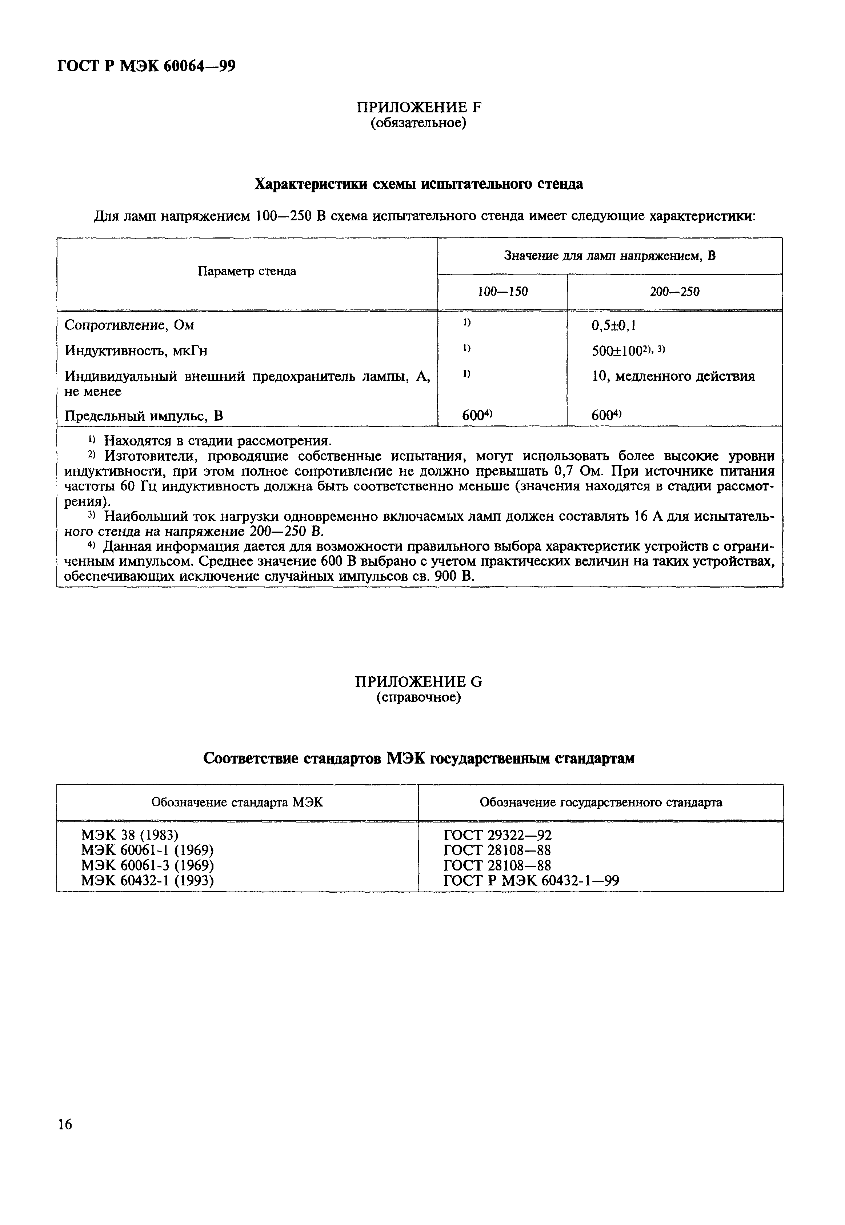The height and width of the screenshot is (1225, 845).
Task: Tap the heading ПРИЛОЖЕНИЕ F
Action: click(419, 108)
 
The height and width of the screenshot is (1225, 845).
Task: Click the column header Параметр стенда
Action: click(247, 272)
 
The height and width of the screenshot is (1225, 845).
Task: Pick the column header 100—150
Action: click(502, 292)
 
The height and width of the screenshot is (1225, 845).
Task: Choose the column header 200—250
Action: click(674, 292)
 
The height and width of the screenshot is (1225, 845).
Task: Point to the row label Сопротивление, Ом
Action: click(129, 325)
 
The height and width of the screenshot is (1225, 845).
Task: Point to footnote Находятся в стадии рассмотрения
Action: click(217, 440)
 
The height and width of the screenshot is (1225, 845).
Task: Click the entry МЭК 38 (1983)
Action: click(130, 835)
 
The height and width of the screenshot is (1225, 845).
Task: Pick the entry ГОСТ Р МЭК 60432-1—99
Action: click(531, 881)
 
